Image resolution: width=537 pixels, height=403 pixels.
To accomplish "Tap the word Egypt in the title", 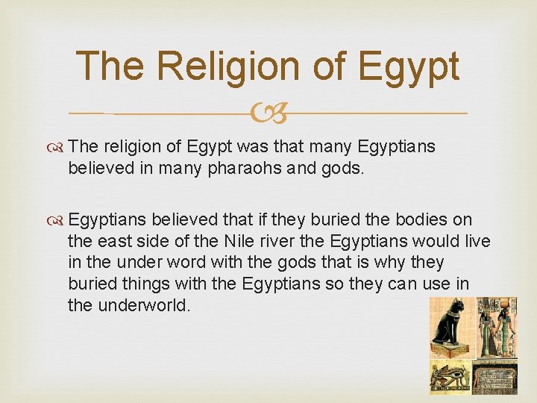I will point(409,66).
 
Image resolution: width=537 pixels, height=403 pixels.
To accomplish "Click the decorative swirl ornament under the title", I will point(268,114).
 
